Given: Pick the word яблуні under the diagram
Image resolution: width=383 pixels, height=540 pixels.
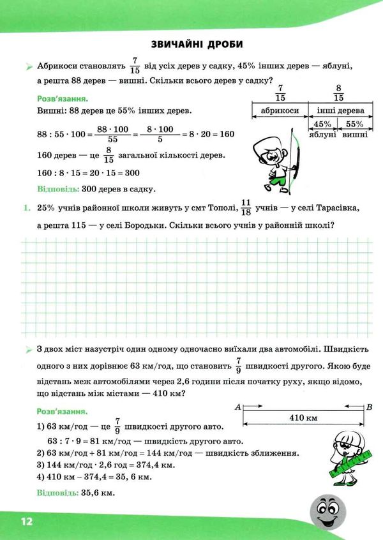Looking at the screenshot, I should [x=322, y=134].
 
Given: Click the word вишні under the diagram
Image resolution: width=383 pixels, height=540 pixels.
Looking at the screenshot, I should [x=355, y=134].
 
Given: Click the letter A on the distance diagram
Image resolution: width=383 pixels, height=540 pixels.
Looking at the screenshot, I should [x=237, y=406].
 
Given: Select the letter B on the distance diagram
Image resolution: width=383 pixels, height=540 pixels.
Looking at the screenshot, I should [x=369, y=406].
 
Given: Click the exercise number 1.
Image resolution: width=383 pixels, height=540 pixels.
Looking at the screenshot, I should [x=25, y=208].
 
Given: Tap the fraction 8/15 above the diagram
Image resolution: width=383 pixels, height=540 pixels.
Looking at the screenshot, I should [x=338, y=93].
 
